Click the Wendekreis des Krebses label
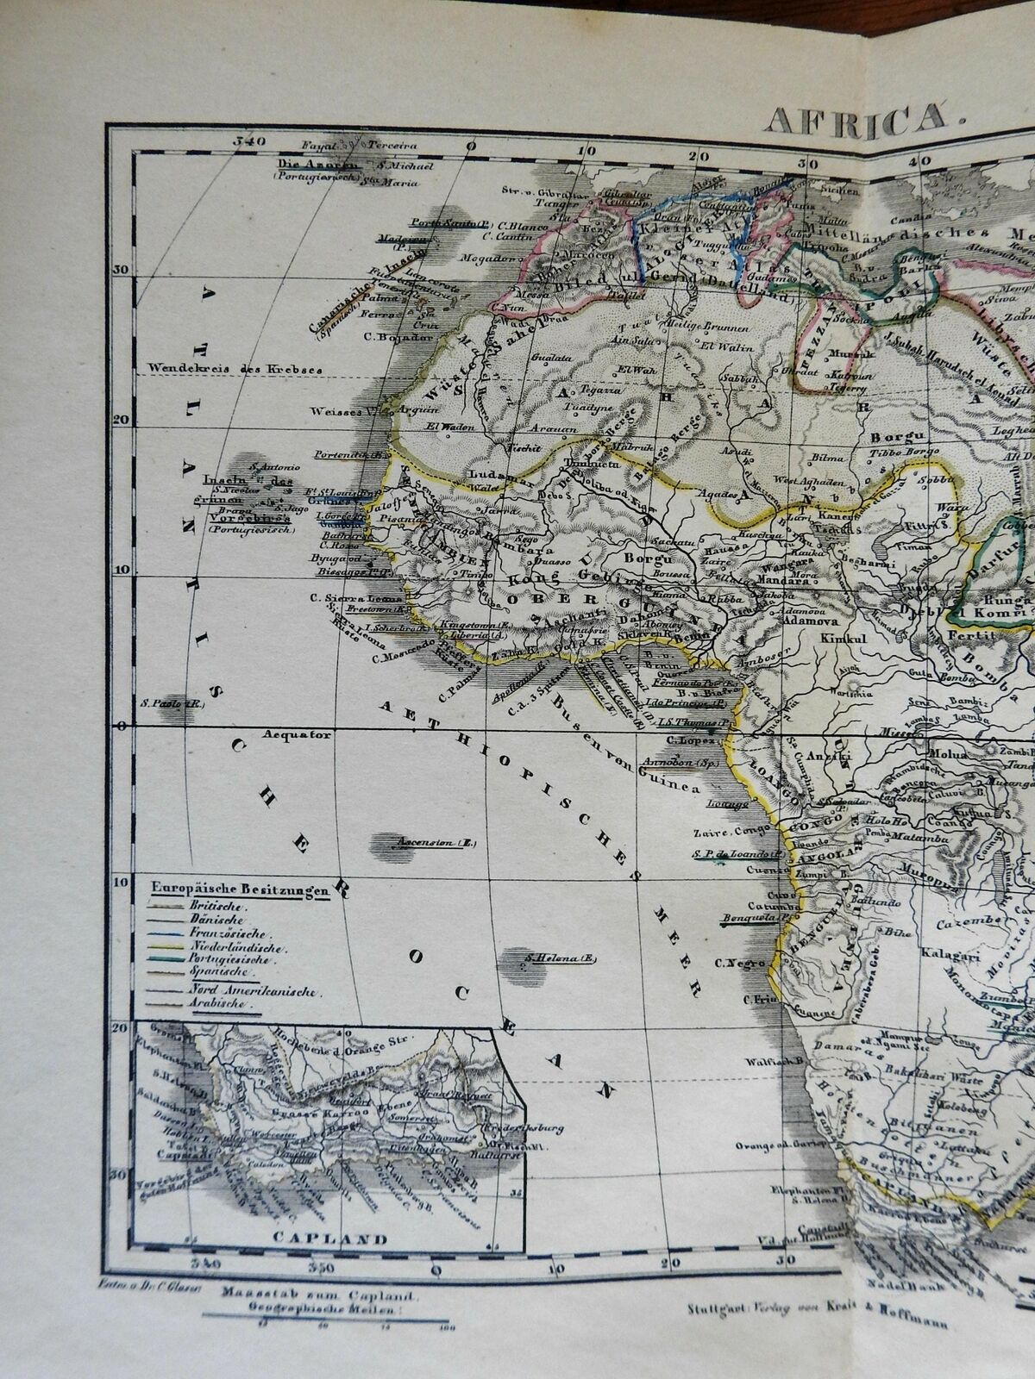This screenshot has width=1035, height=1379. point(235,368)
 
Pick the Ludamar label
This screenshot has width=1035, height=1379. point(487,475)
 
